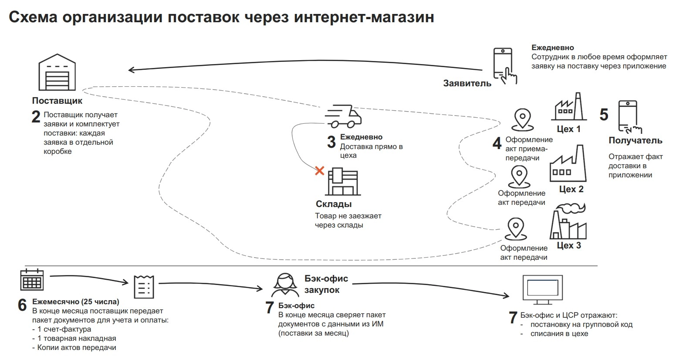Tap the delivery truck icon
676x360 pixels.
[x=343, y=116]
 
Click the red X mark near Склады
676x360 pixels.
[x=320, y=170]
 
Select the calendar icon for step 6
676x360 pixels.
[x=32, y=279]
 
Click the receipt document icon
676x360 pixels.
[x=144, y=286]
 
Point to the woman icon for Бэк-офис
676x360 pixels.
[x=285, y=285]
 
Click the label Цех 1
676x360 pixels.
[x=568, y=129]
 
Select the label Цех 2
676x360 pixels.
[x=571, y=189]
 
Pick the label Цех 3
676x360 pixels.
[x=569, y=245]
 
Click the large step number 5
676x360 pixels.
[x=604, y=115]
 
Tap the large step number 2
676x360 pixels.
[x=36, y=117]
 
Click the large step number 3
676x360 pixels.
[x=331, y=142]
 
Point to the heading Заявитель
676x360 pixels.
[x=467, y=83]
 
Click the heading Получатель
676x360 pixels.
[x=635, y=140]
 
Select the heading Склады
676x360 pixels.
[x=333, y=204]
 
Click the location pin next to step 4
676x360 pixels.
[x=522, y=119]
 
